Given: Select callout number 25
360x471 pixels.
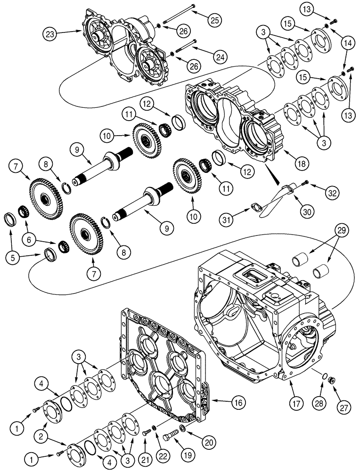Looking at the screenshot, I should (214, 19).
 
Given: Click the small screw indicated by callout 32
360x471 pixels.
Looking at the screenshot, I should (306, 183).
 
